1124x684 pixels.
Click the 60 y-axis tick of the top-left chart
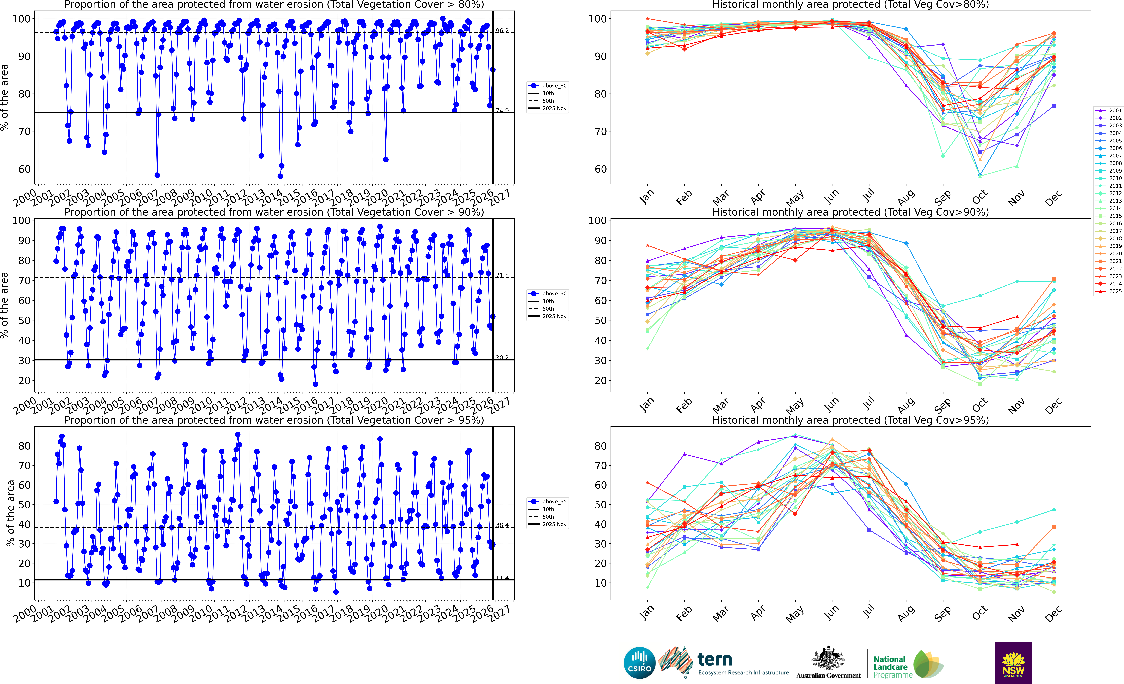pyautogui.click(x=24, y=169)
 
